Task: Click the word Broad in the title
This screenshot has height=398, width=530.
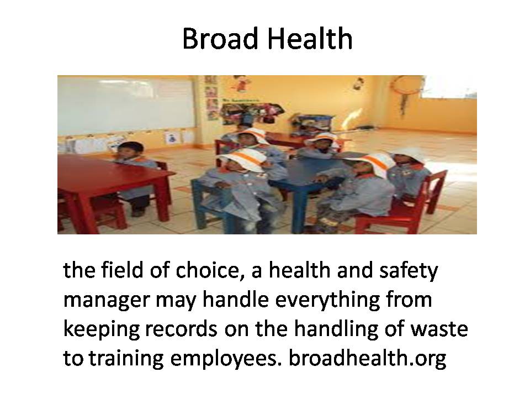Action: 221,39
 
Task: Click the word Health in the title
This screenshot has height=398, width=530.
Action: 310,39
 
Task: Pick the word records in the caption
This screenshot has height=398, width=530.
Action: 181,329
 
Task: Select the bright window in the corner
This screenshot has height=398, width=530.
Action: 449,87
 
